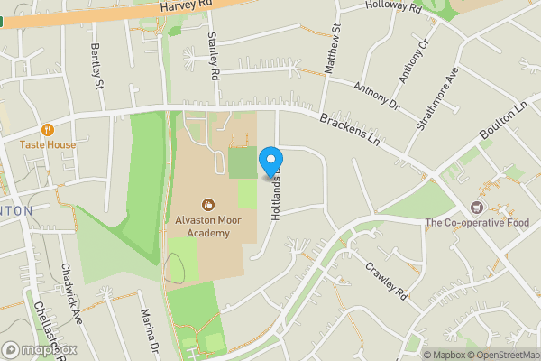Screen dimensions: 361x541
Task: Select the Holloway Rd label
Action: (393, 6)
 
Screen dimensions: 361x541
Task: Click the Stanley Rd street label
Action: (214, 56)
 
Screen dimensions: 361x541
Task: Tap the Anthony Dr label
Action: (376, 97)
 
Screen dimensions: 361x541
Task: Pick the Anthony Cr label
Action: (418, 59)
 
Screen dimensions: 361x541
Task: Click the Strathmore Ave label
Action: (438, 99)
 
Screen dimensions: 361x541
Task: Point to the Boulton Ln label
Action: (503, 121)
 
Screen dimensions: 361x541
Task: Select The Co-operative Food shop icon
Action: (478, 208)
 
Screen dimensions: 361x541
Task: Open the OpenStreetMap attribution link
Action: (499, 355)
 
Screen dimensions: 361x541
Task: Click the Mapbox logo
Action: (40, 349)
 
